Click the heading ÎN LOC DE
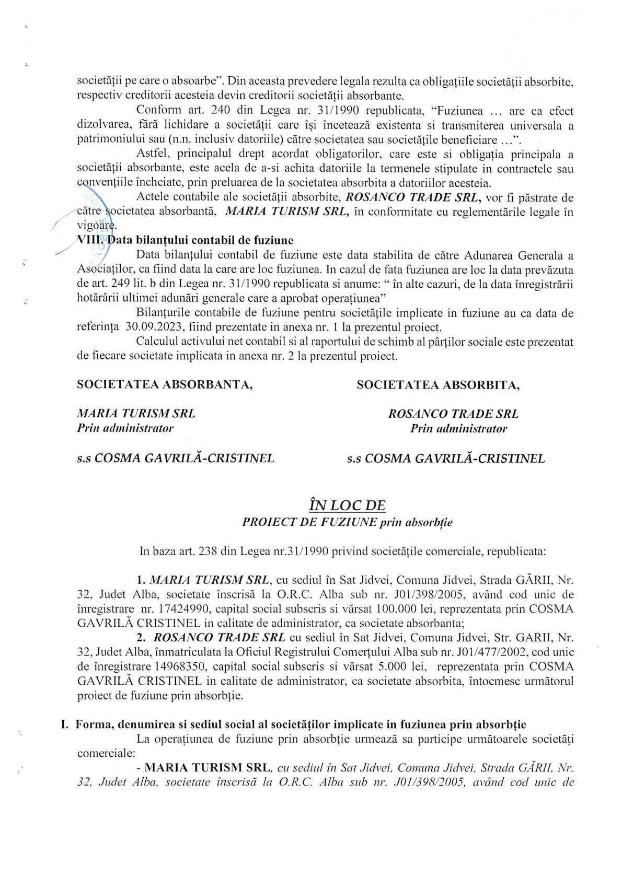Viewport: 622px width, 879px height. pos(347,506)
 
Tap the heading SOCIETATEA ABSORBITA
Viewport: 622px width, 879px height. pos(438,385)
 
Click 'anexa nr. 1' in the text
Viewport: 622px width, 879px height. pos(309,328)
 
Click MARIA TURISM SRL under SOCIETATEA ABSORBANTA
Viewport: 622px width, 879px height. pos(136,414)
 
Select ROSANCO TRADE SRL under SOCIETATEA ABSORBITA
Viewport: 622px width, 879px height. pos(453,414)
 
